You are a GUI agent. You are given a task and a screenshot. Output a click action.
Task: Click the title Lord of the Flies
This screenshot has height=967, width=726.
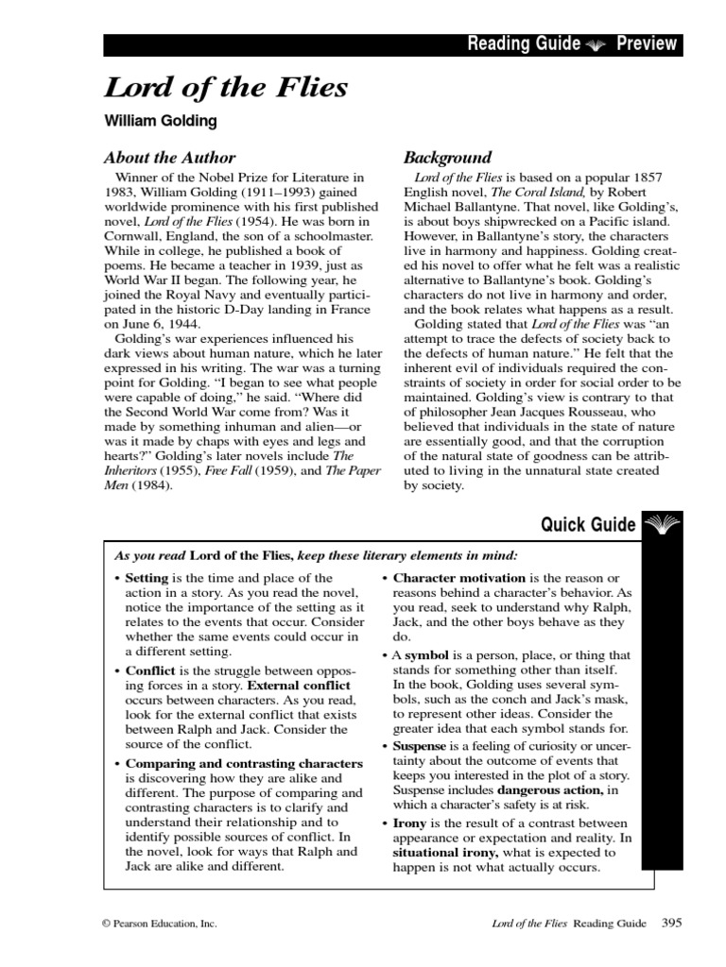point(226,89)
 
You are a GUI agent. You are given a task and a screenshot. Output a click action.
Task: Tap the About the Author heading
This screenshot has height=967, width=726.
point(169,158)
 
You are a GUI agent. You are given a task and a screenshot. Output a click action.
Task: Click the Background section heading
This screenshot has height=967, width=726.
point(447,158)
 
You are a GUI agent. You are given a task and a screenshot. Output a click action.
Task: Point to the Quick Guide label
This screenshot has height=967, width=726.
point(587,525)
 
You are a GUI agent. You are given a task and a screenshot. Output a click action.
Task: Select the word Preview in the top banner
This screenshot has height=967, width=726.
point(647,44)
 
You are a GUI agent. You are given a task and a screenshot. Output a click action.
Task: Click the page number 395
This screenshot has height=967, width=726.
point(671,923)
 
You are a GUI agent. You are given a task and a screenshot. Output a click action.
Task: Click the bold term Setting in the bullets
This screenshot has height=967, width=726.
point(147,578)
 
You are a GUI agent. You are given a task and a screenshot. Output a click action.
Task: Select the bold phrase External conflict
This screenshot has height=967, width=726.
point(298,685)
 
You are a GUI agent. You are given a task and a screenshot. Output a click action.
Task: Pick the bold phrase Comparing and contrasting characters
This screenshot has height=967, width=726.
point(244,762)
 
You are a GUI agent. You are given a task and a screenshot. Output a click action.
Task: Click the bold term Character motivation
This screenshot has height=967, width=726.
point(458,578)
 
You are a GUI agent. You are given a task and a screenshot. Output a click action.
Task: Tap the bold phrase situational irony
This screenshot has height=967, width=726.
point(432,853)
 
